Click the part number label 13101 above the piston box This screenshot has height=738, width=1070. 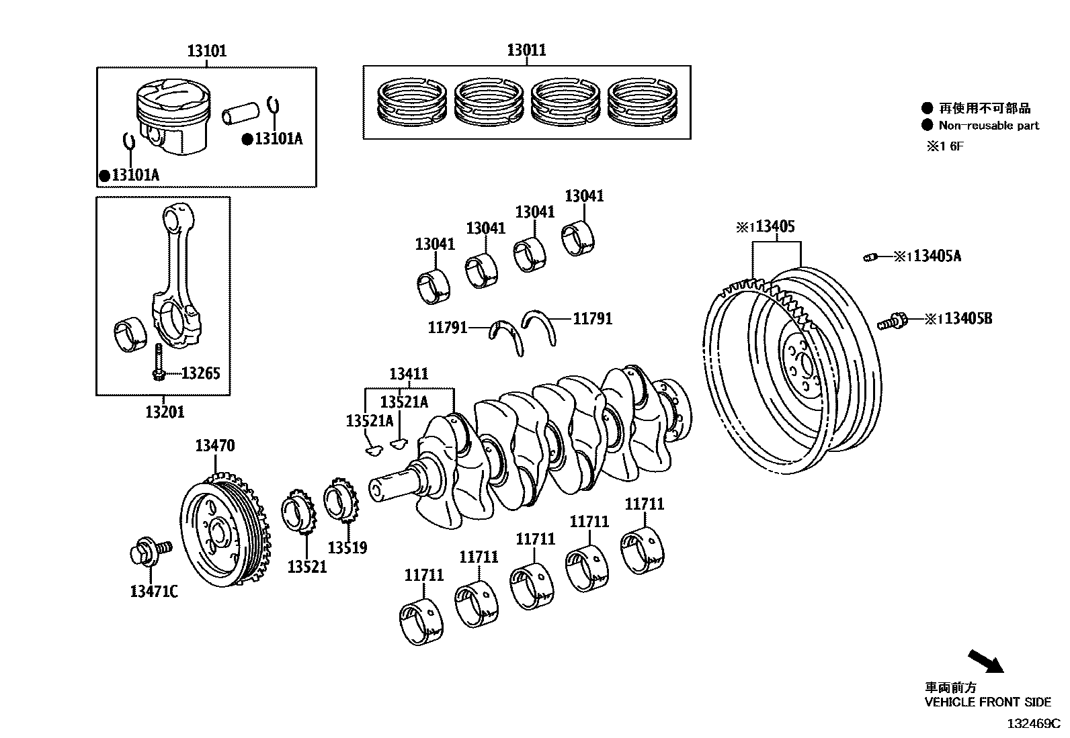[x=206, y=50]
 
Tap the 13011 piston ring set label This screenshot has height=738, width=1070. [x=526, y=50]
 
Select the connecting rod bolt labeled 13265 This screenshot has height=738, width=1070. [x=157, y=362]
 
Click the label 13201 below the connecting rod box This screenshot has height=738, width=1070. [x=165, y=412]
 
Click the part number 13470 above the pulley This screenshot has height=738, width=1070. [x=215, y=445]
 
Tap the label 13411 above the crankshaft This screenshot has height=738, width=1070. [x=409, y=374]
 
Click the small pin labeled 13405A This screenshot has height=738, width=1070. [x=870, y=257]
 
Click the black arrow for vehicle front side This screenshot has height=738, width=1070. [x=985, y=661]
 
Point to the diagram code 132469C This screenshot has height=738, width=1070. [x=1032, y=724]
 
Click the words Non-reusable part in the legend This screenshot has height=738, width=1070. [x=989, y=126]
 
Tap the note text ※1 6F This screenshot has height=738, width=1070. [x=945, y=146]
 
